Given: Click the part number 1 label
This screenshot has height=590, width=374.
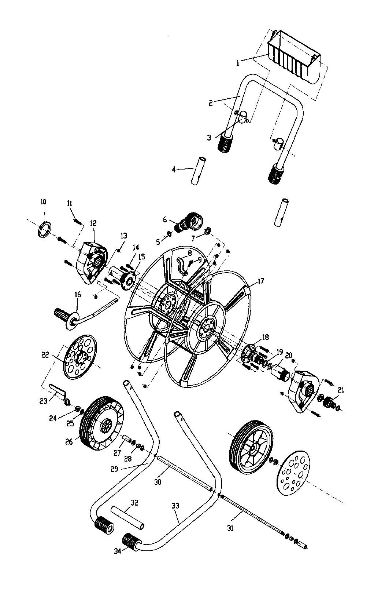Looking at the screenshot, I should pos(238,63).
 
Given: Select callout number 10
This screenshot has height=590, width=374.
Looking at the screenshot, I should pos(43,202).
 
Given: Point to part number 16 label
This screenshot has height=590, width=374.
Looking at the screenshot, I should pos(78,295).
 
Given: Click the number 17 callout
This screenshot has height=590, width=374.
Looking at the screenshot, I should pos(260,282).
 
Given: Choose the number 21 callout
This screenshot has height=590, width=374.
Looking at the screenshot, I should pos(341,390).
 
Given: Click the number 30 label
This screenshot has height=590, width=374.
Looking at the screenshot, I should pos(158,482).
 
